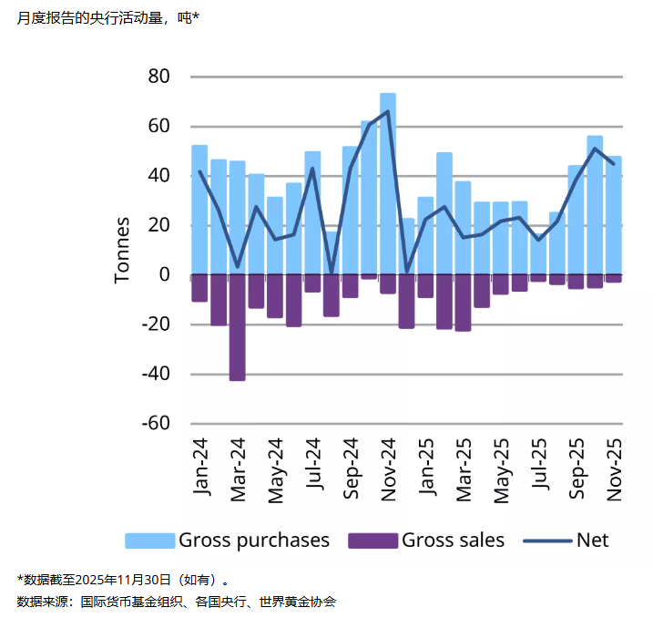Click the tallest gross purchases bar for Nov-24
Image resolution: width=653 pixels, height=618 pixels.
tap(388, 182)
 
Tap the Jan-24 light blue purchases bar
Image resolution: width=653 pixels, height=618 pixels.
tap(199, 210)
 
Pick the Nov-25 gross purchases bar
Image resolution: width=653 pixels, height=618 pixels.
tap(614, 215)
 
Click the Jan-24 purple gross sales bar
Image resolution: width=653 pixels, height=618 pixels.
tap(199, 287)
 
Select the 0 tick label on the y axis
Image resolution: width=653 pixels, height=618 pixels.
tap(165, 274)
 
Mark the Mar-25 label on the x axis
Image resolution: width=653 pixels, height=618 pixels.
tap(464, 468)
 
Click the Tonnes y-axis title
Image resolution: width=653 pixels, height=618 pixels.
tap(123, 250)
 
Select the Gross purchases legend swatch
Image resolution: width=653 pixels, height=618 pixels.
tap(148, 541)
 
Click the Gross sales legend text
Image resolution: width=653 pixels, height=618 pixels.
tap(453, 541)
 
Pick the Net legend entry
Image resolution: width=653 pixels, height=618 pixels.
tap(566, 541)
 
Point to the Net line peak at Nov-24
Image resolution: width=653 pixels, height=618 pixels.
tap(388, 112)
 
